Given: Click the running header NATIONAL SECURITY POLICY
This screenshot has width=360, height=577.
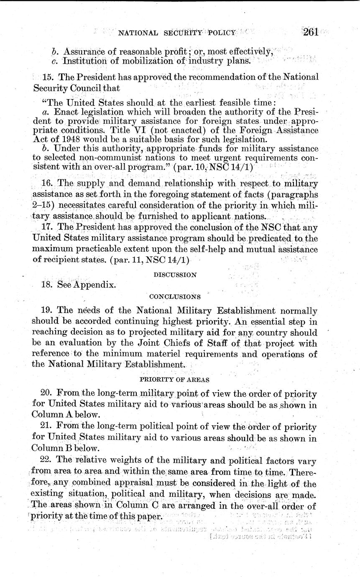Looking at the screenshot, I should tap(177, 33).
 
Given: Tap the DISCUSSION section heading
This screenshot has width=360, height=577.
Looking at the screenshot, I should tap(175, 275).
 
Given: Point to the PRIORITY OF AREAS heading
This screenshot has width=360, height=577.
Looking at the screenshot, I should tap(174, 380).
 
